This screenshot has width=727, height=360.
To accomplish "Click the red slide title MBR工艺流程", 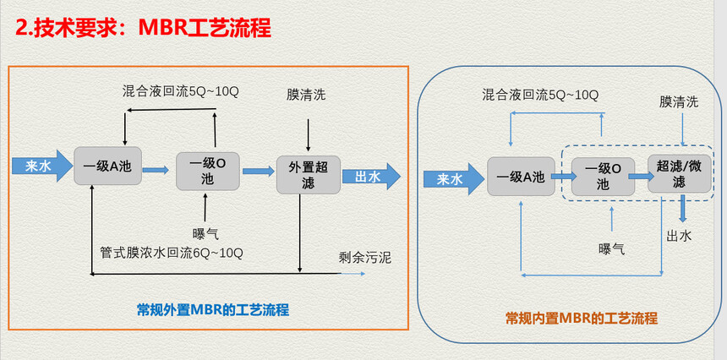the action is (205, 28).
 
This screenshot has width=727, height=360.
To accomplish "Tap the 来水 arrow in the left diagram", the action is (42, 166).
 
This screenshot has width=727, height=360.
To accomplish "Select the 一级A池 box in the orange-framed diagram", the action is (107, 166).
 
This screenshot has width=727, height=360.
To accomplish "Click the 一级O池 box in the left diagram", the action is (208, 171).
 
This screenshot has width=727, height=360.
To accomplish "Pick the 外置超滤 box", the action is (309, 175).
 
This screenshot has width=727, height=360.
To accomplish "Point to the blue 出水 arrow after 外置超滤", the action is (371, 177).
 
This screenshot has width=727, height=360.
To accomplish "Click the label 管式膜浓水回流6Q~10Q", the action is (172, 253).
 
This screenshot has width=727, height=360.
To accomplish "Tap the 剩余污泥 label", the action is (365, 258).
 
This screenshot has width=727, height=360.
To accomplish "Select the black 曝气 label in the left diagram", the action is (206, 233).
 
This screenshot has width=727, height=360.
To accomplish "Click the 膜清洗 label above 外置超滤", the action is (306, 95).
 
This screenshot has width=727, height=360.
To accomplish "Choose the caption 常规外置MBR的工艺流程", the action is (213, 309).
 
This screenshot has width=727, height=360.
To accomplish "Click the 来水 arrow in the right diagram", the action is (454, 179).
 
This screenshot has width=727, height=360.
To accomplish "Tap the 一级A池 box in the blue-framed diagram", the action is (521, 177).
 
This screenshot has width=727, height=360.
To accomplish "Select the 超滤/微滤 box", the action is (680, 174).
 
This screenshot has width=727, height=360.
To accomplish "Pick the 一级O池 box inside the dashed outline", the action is (603, 177).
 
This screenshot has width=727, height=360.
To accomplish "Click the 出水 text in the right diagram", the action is (680, 236).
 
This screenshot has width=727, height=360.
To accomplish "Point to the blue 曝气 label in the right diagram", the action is (611, 249).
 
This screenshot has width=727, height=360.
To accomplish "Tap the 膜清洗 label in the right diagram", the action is (679, 102).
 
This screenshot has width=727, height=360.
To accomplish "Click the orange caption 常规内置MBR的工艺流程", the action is (582, 319).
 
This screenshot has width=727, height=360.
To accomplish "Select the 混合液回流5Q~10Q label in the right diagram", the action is (540, 95).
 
